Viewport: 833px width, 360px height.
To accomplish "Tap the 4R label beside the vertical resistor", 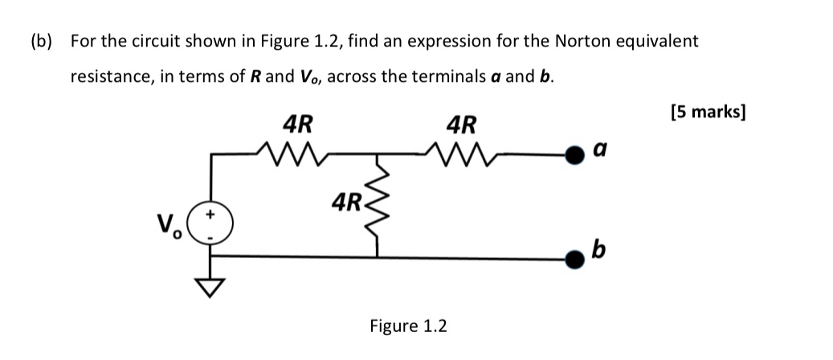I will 345,201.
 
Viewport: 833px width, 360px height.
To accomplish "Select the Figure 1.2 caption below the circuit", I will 408,325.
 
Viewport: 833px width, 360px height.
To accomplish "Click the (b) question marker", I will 42,40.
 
